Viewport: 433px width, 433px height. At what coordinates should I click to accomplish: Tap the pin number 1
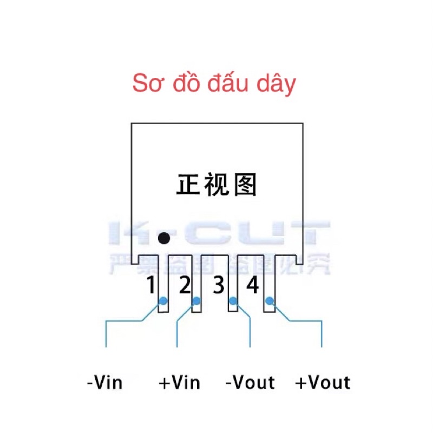coord(151,285)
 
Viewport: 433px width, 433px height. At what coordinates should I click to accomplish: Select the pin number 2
coord(185,285)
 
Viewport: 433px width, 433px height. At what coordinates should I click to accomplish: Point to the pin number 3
coord(218,285)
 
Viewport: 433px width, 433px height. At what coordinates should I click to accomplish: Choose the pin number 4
coord(252,285)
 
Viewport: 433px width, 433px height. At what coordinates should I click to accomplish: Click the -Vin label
coord(104,383)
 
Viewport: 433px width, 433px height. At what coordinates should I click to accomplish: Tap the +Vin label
coord(179,383)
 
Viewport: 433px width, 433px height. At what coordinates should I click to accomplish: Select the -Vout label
coord(250,383)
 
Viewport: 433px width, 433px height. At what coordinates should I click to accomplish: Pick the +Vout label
coord(323,383)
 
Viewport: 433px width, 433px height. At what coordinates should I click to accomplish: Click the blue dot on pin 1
coord(163,300)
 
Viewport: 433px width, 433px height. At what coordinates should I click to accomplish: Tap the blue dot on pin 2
coord(196,300)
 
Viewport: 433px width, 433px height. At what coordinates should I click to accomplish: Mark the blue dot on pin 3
coord(233,300)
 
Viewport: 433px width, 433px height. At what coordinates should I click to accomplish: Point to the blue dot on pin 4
coord(269,300)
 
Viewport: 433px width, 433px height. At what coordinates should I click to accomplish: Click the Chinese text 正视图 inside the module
coord(216,185)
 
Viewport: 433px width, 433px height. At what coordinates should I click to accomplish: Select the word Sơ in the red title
coord(147,84)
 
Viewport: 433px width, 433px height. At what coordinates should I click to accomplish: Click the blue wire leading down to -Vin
coord(106,333)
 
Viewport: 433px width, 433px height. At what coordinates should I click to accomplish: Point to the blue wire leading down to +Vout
coord(322,333)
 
